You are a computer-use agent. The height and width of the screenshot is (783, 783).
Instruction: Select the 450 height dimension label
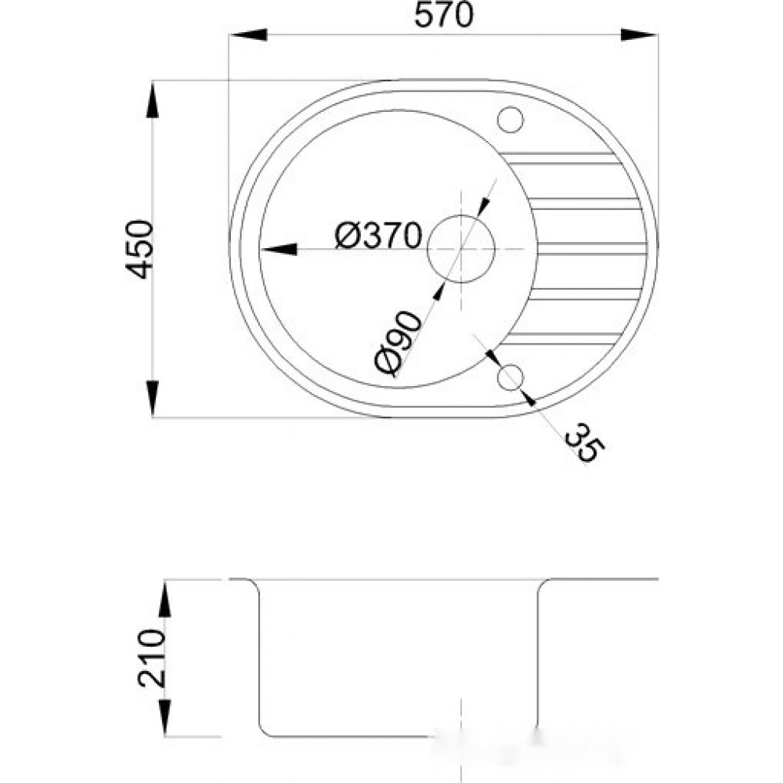(139, 249)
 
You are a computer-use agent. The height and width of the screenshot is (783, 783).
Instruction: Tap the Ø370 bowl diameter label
(378, 236)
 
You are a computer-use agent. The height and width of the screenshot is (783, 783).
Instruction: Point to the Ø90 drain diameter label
(398, 343)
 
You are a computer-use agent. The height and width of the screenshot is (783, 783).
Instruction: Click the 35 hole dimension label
(585, 443)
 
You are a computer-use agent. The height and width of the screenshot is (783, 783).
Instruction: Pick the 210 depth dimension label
(151, 659)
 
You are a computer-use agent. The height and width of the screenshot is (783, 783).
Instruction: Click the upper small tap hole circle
(510, 120)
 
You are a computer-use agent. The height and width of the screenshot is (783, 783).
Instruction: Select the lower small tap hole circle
(510, 377)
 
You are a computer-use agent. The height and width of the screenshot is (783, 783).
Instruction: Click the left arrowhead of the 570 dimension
(248, 35)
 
